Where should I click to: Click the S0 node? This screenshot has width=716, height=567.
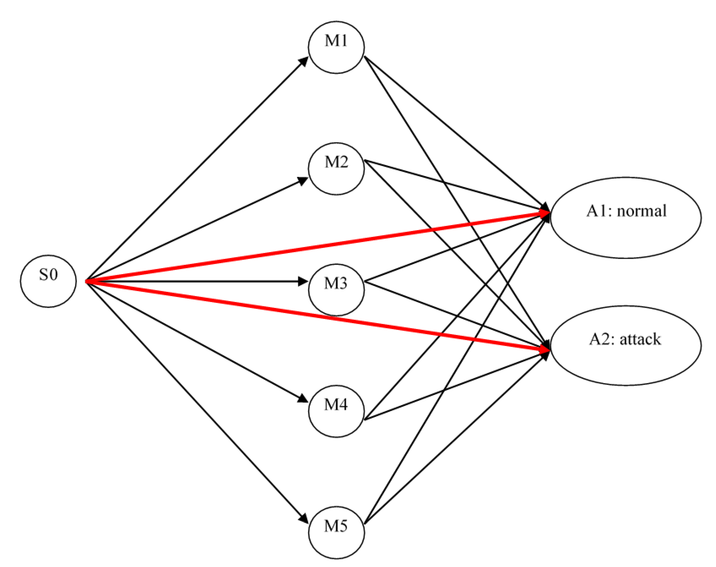48,281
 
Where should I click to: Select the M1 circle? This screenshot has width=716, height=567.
336,47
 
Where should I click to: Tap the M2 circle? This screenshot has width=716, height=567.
336,168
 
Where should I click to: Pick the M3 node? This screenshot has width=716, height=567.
336,289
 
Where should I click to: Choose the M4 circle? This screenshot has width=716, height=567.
336,411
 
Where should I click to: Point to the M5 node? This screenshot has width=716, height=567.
336,532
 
